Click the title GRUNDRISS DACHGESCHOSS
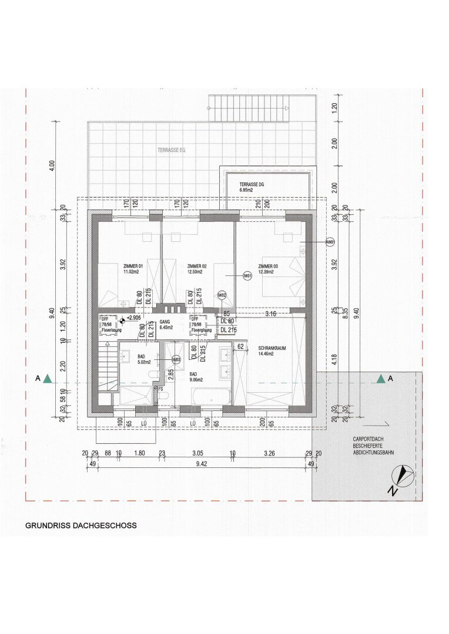click(81, 526)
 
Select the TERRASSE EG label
click(171, 150)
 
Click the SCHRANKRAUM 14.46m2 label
click(272, 351)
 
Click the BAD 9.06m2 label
click(196, 376)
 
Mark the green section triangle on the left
click(47, 379)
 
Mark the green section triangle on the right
click(381, 379)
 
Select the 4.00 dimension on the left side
click(52, 165)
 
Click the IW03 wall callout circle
click(175, 359)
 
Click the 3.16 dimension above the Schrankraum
click(270, 314)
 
